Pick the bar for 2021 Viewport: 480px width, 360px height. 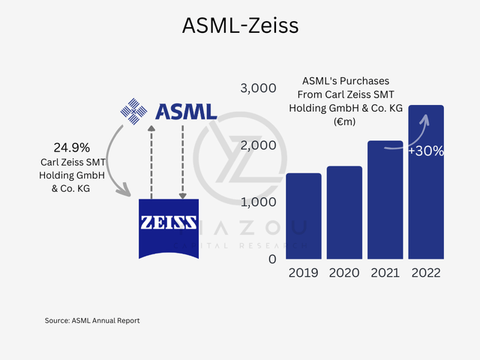385,199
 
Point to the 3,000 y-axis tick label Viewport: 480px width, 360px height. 259,88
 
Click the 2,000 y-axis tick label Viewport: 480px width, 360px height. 259,145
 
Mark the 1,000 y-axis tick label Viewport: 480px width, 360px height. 259,202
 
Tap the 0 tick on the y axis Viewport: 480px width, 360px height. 272,259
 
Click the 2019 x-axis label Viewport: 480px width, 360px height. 304,273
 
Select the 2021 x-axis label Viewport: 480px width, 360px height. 385,273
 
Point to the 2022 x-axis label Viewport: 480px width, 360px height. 426,273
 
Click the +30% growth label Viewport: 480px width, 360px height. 426,151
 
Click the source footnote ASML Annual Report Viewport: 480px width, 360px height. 92,320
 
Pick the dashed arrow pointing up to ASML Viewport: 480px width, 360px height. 151,161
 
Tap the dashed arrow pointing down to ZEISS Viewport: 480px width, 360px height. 183,161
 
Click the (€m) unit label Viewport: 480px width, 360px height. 346,121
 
